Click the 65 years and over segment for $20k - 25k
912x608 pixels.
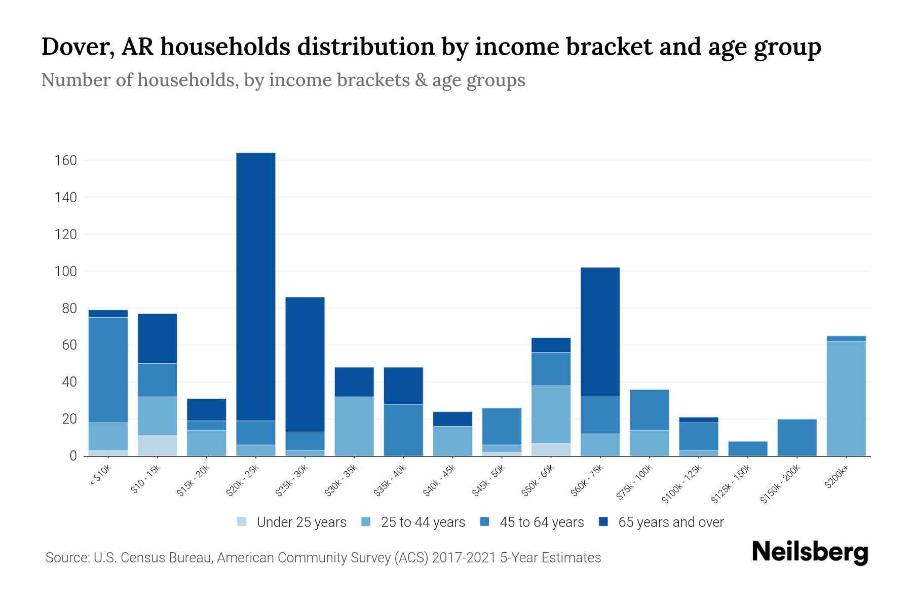(256, 286)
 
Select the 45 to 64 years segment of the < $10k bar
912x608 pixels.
(108, 370)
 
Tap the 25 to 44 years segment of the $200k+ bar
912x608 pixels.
(846, 398)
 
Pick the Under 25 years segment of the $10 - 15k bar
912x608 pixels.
(157, 445)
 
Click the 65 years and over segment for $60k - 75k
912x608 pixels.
(600, 332)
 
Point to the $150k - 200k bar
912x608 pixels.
(797, 437)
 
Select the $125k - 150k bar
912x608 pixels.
(748, 448)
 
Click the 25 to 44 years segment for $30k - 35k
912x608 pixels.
(354, 426)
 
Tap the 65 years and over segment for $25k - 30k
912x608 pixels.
(305, 364)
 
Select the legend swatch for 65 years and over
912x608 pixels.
(603, 522)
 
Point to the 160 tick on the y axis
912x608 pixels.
(66, 161)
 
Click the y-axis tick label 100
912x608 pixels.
(66, 272)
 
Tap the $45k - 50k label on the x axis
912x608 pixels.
(488, 480)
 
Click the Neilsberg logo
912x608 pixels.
(810, 552)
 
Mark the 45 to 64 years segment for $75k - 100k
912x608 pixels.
(649, 409)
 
